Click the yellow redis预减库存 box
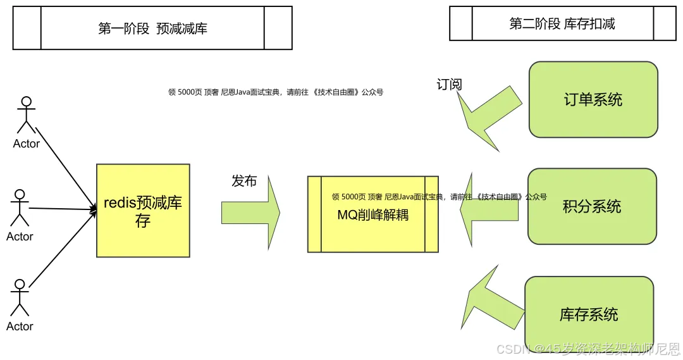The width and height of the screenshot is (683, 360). pos(143,211)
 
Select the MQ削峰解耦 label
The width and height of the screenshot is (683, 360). pos(373,214)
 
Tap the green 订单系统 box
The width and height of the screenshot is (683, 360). pos(593,99)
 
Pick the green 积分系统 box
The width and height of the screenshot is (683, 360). pos(592,207)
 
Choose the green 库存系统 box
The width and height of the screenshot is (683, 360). pos(589,314)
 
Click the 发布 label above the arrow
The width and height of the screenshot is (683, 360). pos(244,181)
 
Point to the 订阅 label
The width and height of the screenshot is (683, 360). pos(449,84)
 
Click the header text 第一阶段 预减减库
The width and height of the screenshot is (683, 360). pos(152,28)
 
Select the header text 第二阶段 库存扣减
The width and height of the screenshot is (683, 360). pos(562,24)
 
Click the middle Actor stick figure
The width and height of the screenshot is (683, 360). pos(20,208)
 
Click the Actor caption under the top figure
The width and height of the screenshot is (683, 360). pos(27,144)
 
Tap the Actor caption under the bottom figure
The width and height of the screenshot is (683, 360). pos(20,326)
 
